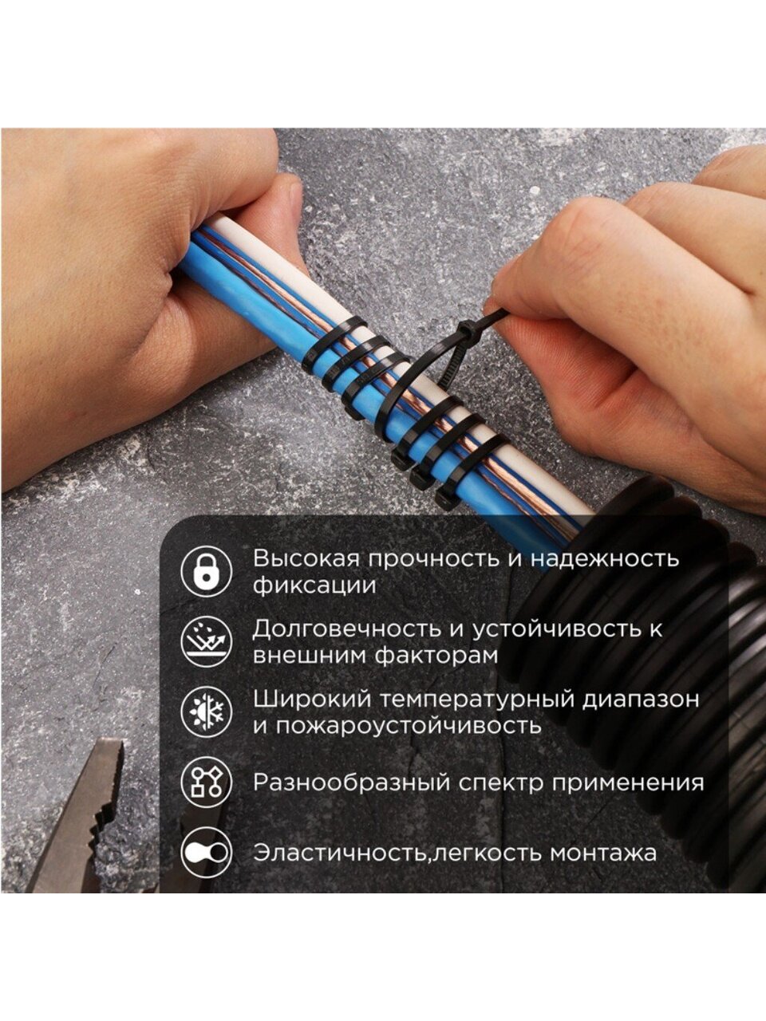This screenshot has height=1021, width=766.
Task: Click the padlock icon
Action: click(x=206, y=571)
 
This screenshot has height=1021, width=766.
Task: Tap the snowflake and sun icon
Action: click(x=206, y=712)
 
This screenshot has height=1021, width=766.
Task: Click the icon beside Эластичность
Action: click(x=206, y=852)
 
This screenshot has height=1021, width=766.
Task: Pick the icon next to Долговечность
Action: click(x=206, y=641)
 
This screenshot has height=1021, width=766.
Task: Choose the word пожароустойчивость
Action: click(x=409, y=726)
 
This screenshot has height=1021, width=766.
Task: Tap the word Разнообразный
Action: click(x=350, y=783)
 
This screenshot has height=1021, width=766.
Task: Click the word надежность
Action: click(x=605, y=559)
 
